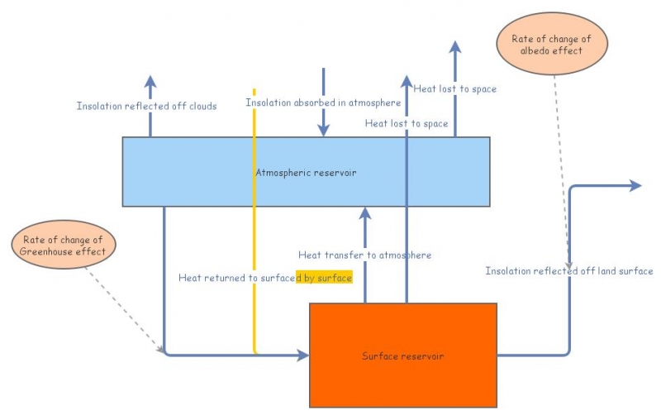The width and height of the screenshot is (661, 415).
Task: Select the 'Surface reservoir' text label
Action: (x=402, y=356)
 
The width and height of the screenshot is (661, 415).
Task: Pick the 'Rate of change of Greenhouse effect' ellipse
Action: (x=64, y=246)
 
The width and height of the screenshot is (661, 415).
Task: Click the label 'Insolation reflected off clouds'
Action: (x=146, y=106)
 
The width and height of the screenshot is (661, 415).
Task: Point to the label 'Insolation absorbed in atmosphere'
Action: (x=323, y=103)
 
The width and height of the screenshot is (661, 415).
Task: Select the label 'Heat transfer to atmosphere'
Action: (x=364, y=255)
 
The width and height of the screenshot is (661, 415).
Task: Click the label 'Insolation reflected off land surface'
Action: (x=568, y=271)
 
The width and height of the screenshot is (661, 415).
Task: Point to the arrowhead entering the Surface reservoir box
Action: (x=302, y=355)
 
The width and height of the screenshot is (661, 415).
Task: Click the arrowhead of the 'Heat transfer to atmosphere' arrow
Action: (x=365, y=214)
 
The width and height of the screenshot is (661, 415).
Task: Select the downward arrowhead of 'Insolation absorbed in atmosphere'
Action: (x=324, y=130)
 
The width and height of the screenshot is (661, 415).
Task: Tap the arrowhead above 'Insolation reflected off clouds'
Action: (x=150, y=81)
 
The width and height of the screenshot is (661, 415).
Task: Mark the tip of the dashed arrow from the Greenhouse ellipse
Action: (x=161, y=350)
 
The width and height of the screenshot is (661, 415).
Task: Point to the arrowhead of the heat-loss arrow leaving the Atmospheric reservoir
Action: (x=455, y=46)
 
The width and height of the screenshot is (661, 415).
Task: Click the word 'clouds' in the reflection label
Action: (x=201, y=106)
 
